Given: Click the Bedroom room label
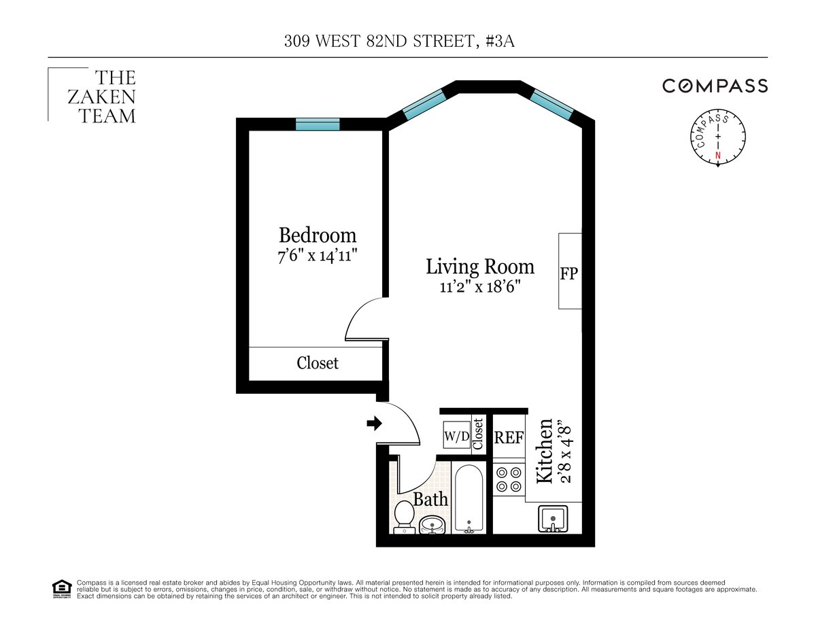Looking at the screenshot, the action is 318,235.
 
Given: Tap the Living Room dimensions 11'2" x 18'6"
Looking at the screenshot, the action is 480,288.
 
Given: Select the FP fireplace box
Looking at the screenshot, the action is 570,271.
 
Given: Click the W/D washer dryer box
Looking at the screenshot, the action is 457,434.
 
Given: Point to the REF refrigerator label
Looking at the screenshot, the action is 509,438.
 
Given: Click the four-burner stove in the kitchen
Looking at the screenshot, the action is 509,479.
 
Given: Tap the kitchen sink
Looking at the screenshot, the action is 553,519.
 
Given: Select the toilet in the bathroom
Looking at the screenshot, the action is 404,517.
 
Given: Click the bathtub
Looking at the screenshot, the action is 469,498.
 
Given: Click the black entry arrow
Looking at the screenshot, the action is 375,424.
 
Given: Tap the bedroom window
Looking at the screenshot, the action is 318,124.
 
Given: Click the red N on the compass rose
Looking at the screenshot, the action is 718,156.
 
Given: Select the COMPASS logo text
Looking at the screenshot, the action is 715,86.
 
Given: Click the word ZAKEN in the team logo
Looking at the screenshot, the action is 101,97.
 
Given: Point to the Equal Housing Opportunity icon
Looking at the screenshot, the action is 62,590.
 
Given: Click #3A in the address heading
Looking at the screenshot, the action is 500,41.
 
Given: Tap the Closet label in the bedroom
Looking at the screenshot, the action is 318,363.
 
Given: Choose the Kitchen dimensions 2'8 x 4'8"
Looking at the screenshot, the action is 566,454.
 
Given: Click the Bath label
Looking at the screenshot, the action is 430,499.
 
